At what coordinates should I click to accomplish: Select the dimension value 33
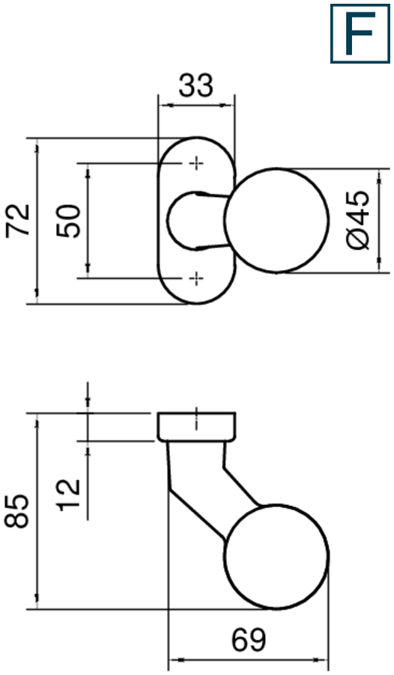click(x=196, y=85)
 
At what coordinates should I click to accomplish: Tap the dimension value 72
click(x=18, y=221)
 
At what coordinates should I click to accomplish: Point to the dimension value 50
click(x=68, y=221)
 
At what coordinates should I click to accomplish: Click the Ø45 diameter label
click(x=359, y=220)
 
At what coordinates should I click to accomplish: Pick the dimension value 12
click(x=69, y=495)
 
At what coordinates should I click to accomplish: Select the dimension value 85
click(x=16, y=511)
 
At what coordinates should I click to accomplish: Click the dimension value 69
click(x=249, y=640)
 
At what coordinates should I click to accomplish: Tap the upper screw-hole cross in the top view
click(x=196, y=163)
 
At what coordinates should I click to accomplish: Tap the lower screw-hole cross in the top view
click(x=196, y=278)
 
